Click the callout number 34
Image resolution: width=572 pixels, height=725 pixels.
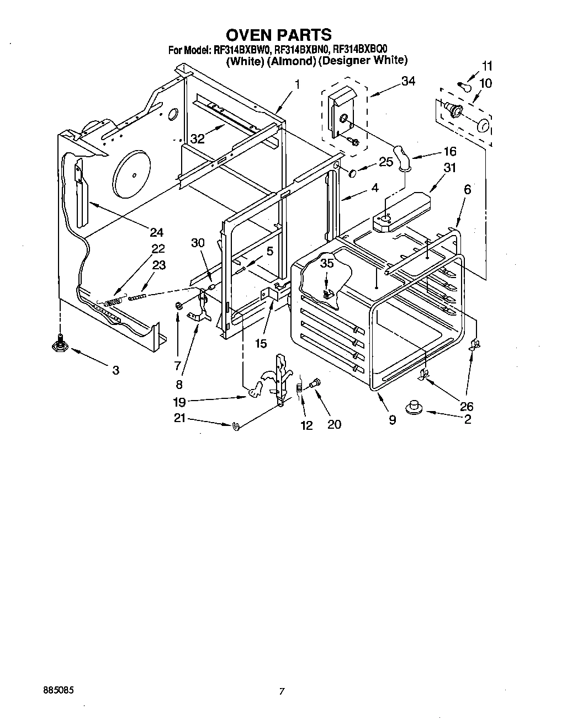[408, 81]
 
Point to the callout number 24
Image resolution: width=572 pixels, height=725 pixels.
[157, 232]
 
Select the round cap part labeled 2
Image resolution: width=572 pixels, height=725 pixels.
[414, 408]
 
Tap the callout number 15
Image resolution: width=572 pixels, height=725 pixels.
[261, 344]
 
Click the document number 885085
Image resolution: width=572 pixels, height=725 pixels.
[58, 690]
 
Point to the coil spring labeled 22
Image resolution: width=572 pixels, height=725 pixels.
[113, 302]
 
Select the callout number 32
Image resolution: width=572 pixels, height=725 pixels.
[197, 139]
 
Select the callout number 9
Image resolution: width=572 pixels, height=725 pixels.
[392, 420]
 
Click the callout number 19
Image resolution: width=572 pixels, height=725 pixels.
[179, 402]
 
